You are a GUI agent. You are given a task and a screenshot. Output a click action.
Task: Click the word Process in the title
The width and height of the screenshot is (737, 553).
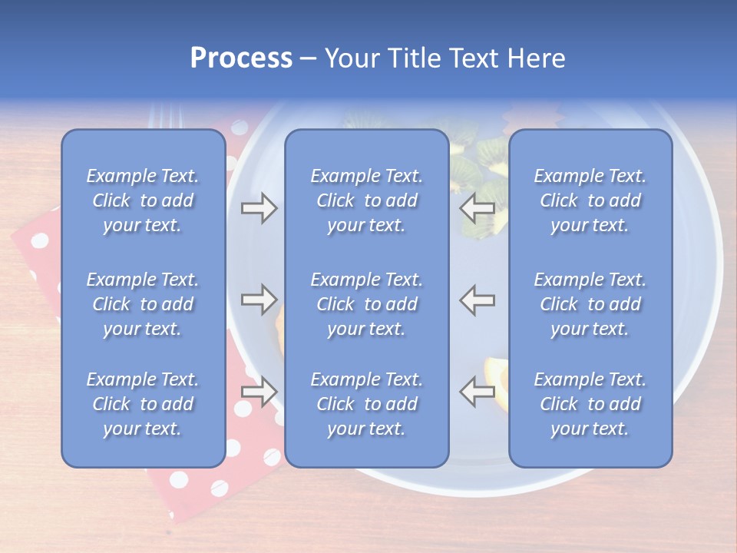pos(241,58)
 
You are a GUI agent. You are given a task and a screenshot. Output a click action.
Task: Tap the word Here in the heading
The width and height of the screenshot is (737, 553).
pos(536,58)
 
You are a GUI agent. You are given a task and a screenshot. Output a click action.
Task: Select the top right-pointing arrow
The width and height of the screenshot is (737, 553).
pos(259,208)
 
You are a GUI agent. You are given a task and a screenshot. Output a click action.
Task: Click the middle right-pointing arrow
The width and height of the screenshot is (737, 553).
pos(259,300)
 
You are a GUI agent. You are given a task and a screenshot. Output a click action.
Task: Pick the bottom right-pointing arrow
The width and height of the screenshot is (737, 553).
pos(259,391)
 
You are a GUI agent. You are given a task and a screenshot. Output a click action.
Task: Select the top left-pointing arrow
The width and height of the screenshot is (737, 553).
pos(477,208)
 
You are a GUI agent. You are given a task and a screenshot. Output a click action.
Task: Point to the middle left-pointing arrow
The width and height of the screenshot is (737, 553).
pos(477,300)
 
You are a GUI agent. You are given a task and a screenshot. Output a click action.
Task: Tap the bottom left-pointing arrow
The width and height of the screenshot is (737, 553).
pos(477,391)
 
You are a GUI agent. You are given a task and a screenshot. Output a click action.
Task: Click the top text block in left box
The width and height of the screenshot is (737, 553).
pos(143,200)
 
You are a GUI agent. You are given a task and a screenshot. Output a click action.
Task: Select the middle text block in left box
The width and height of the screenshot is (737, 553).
pos(143,304)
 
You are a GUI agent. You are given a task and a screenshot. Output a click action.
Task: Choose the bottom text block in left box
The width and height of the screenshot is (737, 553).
pos(143,404)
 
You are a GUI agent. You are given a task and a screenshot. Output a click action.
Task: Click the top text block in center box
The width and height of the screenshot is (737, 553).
pos(367,200)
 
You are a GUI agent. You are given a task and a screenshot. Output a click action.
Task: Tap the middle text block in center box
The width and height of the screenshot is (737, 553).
pos(367,304)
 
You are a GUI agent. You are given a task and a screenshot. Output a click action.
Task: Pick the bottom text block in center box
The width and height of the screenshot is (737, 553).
pos(367,404)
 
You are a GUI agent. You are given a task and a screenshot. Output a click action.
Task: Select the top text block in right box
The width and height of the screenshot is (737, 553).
pos(590,200)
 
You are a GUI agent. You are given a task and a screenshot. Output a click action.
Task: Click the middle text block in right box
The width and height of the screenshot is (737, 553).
pos(590,304)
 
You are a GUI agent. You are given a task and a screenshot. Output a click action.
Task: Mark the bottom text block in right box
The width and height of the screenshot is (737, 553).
pos(590,404)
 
